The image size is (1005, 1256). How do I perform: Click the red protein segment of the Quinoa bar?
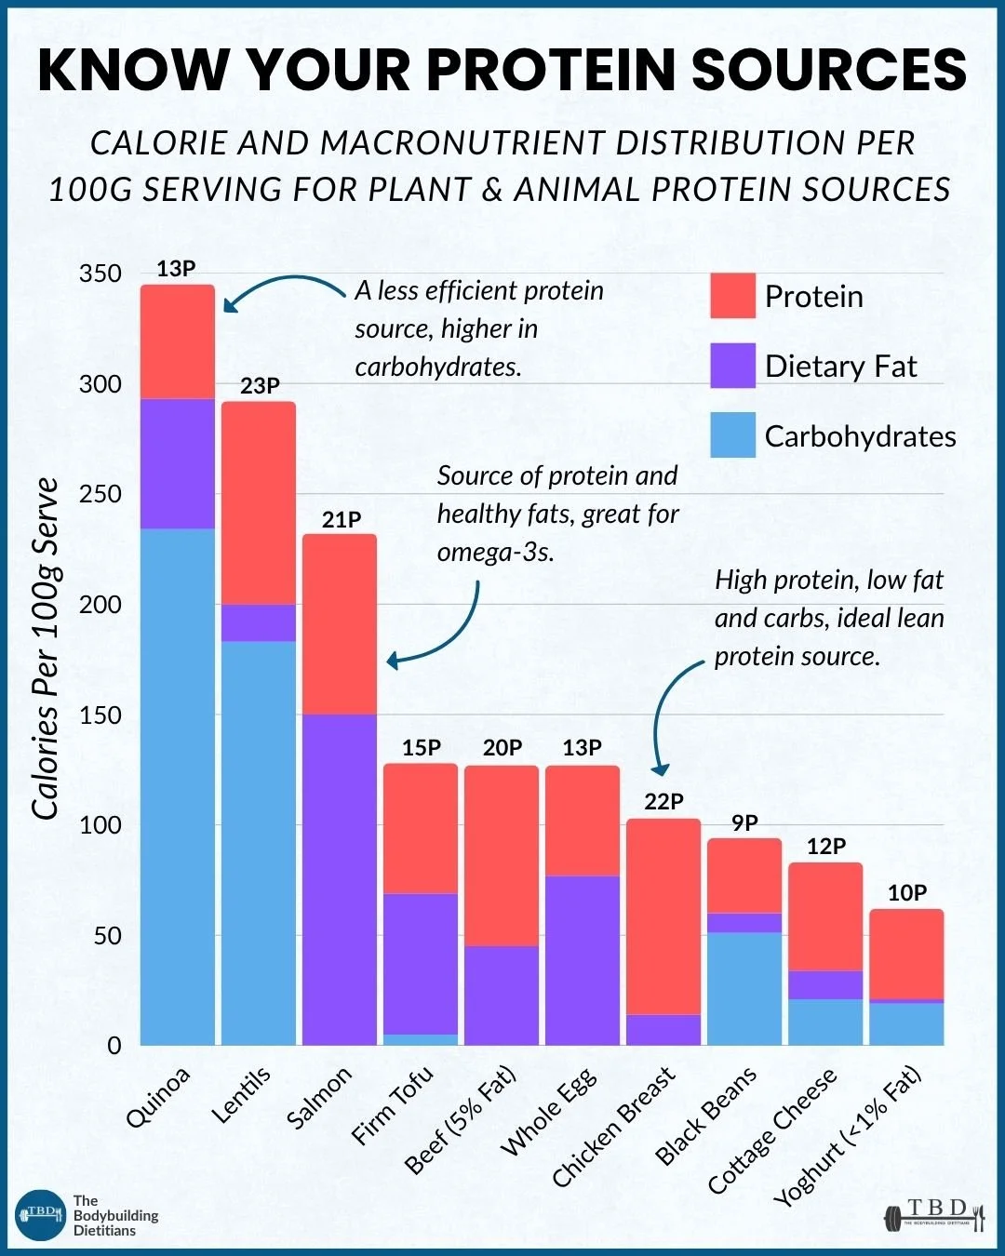pyautogui.click(x=178, y=341)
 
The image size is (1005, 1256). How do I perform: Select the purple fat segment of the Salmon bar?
pyautogui.click(x=340, y=879)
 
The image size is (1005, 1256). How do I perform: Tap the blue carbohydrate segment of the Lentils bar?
pyautogui.click(x=258, y=843)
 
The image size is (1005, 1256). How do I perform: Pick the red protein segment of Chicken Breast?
pyautogui.click(x=663, y=916)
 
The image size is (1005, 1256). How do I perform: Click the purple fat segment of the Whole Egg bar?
pyautogui.click(x=583, y=960)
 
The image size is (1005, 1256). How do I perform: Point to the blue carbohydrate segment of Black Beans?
pyautogui.click(x=744, y=988)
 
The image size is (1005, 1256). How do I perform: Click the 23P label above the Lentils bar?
pyautogui.click(x=260, y=386)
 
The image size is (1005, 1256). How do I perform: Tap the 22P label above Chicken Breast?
pyautogui.click(x=664, y=801)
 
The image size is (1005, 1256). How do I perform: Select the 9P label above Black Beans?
pyautogui.click(x=744, y=822)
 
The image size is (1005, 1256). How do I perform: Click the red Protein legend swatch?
pyautogui.click(x=733, y=295)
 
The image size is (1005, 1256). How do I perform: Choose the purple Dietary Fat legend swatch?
pyautogui.click(x=733, y=366)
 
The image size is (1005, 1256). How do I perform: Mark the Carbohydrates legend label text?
pyautogui.click(x=860, y=436)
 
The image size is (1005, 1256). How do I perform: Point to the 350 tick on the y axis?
pyautogui.click(x=100, y=274)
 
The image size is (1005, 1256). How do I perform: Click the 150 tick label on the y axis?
pyautogui.click(x=100, y=715)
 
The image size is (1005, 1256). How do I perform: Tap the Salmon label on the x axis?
pyautogui.click(x=319, y=1097)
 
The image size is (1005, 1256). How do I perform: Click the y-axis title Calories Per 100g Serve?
pyautogui.click(x=45, y=648)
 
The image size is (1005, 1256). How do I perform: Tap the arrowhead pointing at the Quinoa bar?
pyautogui.click(x=231, y=303)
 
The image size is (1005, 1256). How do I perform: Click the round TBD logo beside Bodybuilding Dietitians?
pyautogui.click(x=40, y=1215)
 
